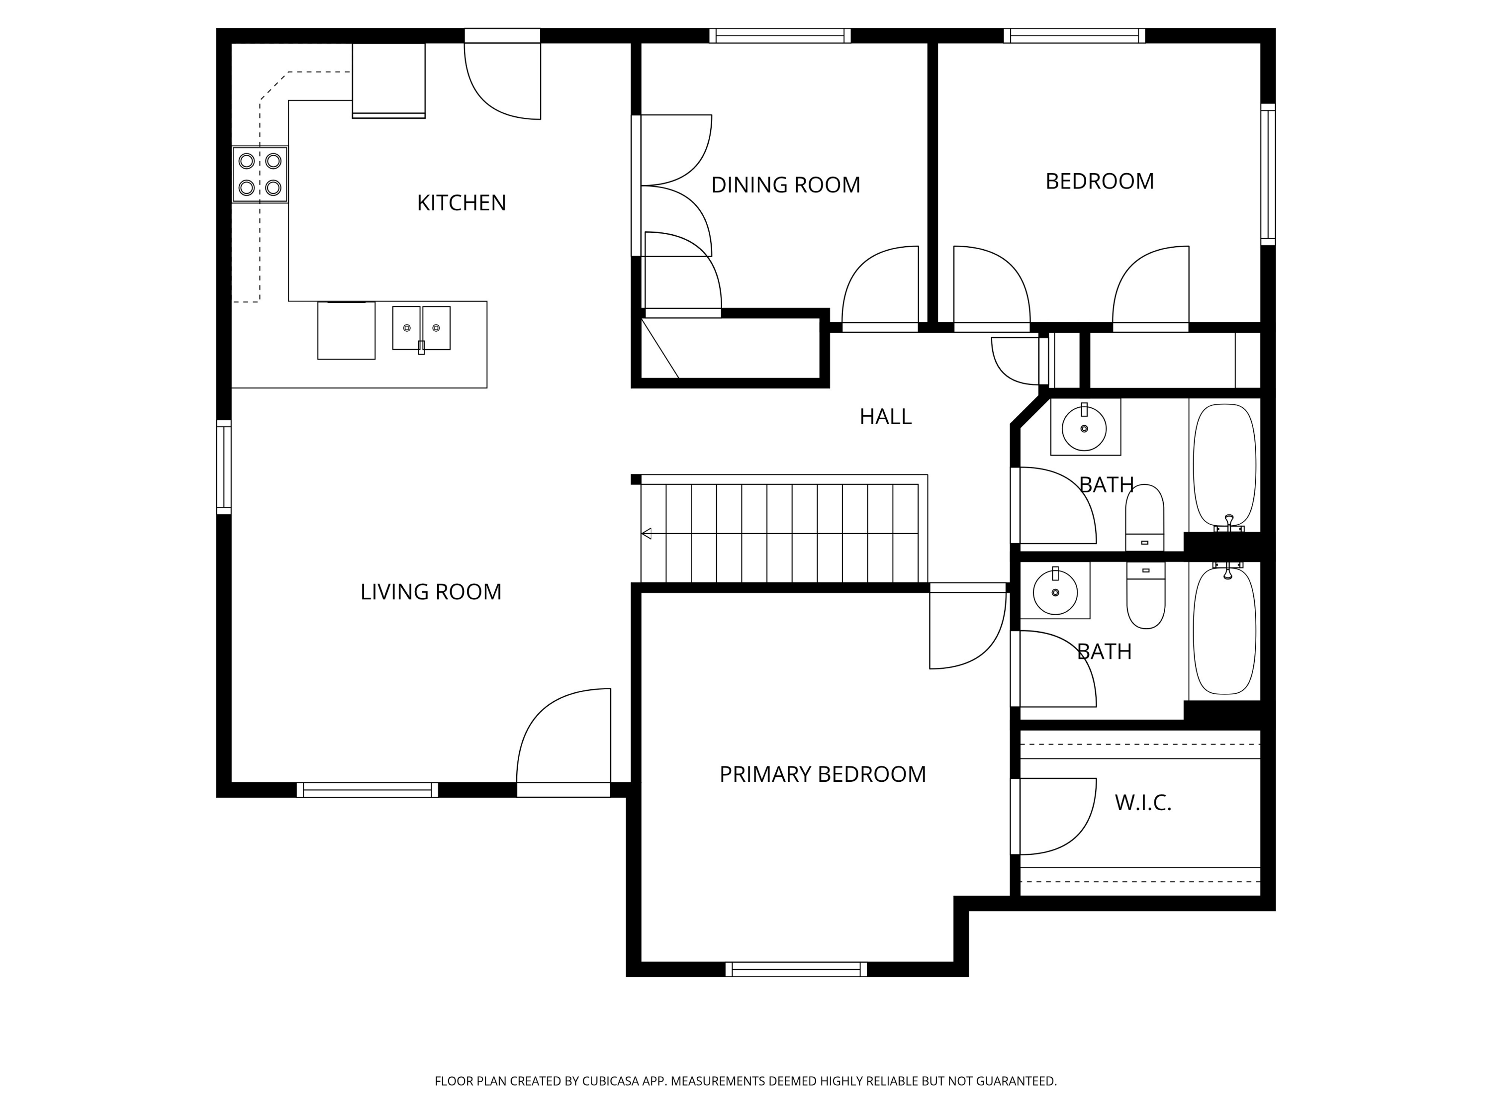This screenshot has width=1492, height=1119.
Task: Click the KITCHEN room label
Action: (x=462, y=203)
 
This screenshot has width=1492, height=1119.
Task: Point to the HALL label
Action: (x=885, y=417)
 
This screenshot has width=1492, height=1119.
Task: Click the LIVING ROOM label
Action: (x=430, y=591)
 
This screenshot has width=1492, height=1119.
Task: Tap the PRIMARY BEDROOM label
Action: (x=822, y=774)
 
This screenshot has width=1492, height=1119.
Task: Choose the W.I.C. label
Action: (x=1142, y=803)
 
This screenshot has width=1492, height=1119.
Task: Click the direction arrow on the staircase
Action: (x=646, y=534)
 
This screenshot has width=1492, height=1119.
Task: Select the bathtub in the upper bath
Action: (x=1224, y=466)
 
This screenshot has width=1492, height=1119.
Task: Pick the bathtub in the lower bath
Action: (x=1224, y=631)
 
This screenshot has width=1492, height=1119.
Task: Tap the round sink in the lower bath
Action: (x=1055, y=592)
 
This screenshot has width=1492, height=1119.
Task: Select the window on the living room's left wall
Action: (x=223, y=467)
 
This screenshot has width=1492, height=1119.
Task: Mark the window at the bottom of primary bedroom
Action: (x=796, y=969)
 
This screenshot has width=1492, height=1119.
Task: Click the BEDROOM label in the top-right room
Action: (x=1100, y=182)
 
